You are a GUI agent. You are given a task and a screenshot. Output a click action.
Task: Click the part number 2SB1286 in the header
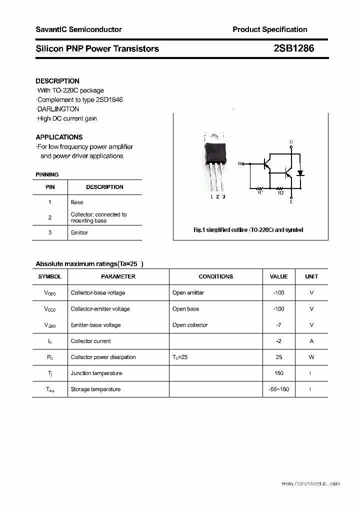tap(293, 48)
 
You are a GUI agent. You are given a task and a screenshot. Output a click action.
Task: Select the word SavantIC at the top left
tap(51, 29)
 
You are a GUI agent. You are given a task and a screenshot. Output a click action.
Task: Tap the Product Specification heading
tap(270, 29)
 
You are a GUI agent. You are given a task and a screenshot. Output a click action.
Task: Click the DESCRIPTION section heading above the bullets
tap(57, 81)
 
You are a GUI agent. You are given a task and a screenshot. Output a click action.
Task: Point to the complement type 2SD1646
tap(106, 99)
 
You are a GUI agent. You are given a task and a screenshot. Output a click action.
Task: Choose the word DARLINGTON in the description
tap(58, 109)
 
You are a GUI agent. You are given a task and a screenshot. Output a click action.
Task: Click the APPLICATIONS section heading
tap(59, 137)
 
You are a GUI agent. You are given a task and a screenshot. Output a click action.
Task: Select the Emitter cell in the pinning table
tap(79, 232)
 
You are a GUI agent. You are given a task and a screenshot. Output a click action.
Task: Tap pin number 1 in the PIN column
tap(50, 202)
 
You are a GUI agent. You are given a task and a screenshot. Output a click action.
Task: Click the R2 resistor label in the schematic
tap(280, 192)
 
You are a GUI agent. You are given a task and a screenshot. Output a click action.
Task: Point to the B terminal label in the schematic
tap(239, 163)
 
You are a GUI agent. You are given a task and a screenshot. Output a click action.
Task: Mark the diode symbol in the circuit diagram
tap(300, 173)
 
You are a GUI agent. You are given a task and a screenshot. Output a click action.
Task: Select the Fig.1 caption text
tap(248, 230)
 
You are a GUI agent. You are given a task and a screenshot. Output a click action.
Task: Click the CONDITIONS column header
tap(215, 276)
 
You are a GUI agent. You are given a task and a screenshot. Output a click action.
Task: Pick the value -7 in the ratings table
tap(278, 325)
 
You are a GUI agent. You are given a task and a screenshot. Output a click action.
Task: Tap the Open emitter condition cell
tap(188, 292)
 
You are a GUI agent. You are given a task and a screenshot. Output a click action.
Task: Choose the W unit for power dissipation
tap(311, 357)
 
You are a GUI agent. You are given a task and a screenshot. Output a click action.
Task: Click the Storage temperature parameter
tap(95, 389)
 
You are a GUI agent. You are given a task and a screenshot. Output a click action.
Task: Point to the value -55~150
tap(278, 389)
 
